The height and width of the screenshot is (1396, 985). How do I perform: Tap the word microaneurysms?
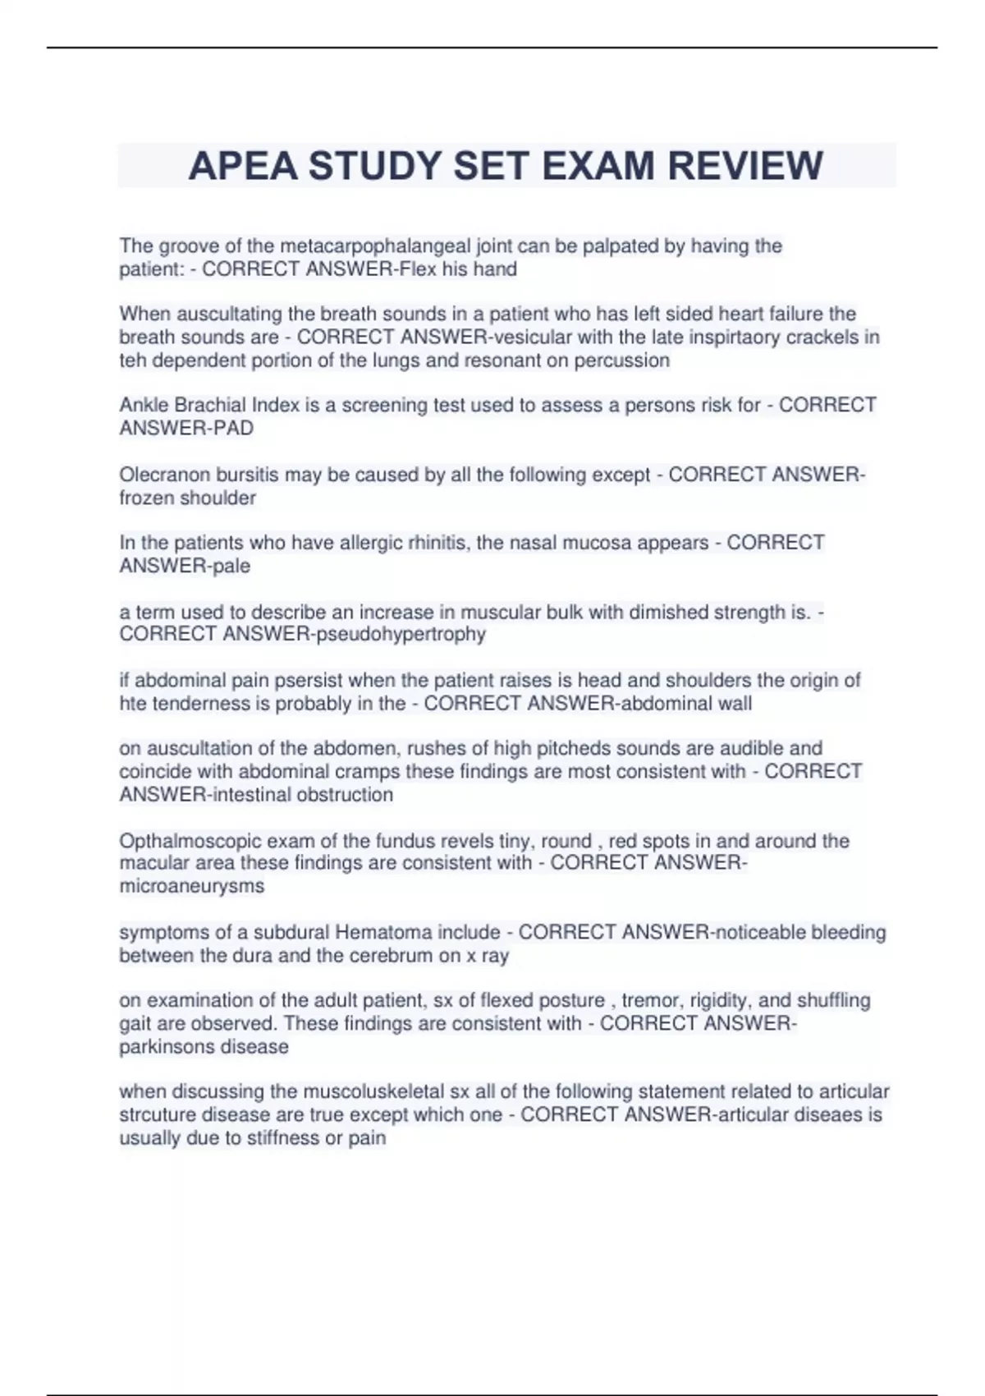(x=192, y=886)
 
